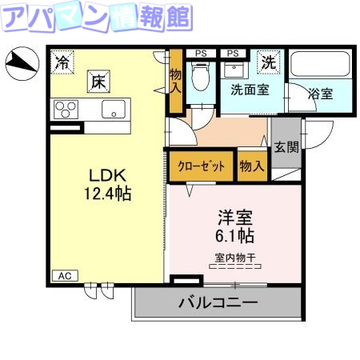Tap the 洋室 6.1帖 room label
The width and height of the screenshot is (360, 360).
[235, 226]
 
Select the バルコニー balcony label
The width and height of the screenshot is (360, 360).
[218, 304]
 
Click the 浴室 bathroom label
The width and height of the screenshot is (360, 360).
[322, 92]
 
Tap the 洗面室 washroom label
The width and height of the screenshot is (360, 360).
[250, 90]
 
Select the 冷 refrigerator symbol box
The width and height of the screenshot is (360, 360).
[62, 61]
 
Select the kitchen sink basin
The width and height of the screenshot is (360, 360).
[114, 109]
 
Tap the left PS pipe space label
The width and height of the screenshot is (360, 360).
[202, 54]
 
